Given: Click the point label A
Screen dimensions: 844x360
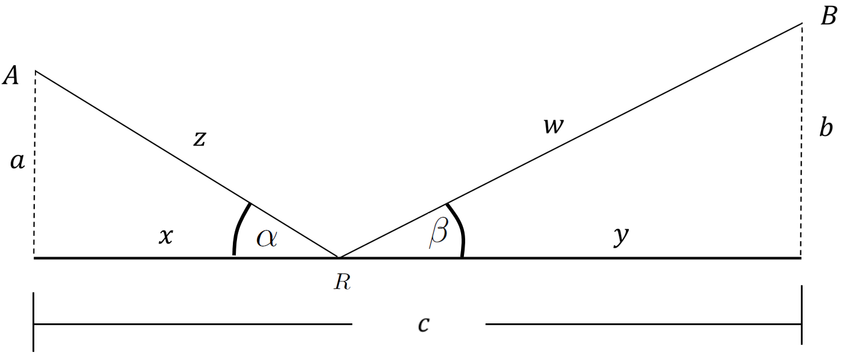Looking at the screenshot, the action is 11,75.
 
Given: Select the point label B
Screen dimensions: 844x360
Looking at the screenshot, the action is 829,17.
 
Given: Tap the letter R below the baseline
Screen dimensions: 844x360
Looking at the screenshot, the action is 342,282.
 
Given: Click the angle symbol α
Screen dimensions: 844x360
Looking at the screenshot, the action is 267,238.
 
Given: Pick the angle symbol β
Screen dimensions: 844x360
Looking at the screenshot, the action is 439,233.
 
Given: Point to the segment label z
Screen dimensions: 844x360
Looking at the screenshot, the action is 200,139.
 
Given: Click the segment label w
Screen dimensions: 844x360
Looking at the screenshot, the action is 553,126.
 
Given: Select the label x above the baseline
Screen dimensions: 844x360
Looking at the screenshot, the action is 165,236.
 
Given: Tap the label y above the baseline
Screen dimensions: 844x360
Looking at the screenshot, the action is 621,236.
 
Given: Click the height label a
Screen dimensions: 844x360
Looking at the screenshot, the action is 17,161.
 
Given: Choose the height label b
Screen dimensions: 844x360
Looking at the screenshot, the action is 826,128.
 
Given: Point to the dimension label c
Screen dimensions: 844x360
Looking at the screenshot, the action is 424,324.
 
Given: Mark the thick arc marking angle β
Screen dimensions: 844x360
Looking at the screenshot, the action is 459,228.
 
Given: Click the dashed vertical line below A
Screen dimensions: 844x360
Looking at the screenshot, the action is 35,164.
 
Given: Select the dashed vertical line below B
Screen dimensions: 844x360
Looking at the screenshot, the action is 802,140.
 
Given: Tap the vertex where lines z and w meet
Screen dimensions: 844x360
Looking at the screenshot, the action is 339,258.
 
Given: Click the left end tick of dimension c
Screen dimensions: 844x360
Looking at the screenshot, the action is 34,322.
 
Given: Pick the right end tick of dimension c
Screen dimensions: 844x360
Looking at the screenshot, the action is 801,315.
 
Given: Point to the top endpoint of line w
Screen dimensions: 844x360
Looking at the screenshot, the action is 802,24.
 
